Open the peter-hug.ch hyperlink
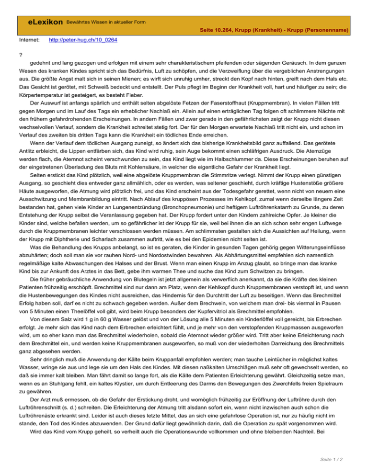[x=84, y=41]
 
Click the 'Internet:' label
[x=30, y=41]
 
